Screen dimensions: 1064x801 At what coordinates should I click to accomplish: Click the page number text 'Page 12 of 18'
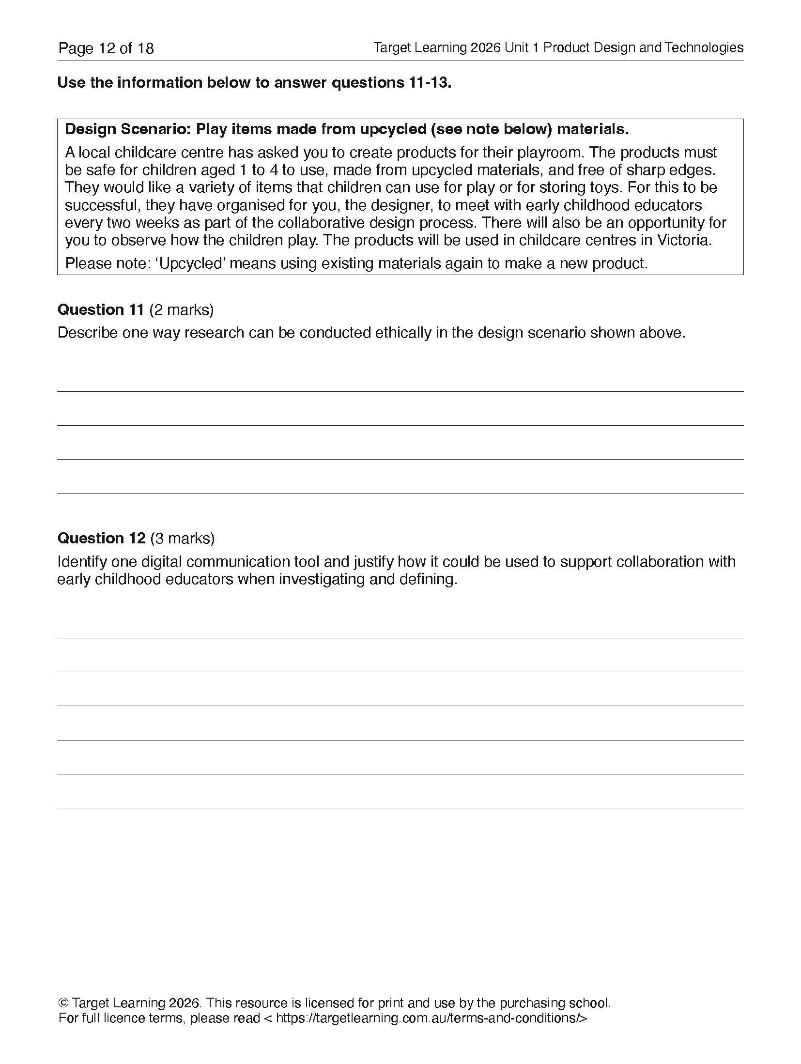point(106,48)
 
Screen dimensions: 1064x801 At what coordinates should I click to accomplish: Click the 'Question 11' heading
point(101,309)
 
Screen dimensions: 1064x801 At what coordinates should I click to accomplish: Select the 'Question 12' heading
point(101,538)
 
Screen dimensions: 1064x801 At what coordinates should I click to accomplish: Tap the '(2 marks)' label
point(181,309)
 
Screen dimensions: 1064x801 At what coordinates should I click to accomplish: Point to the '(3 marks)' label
point(182,538)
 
